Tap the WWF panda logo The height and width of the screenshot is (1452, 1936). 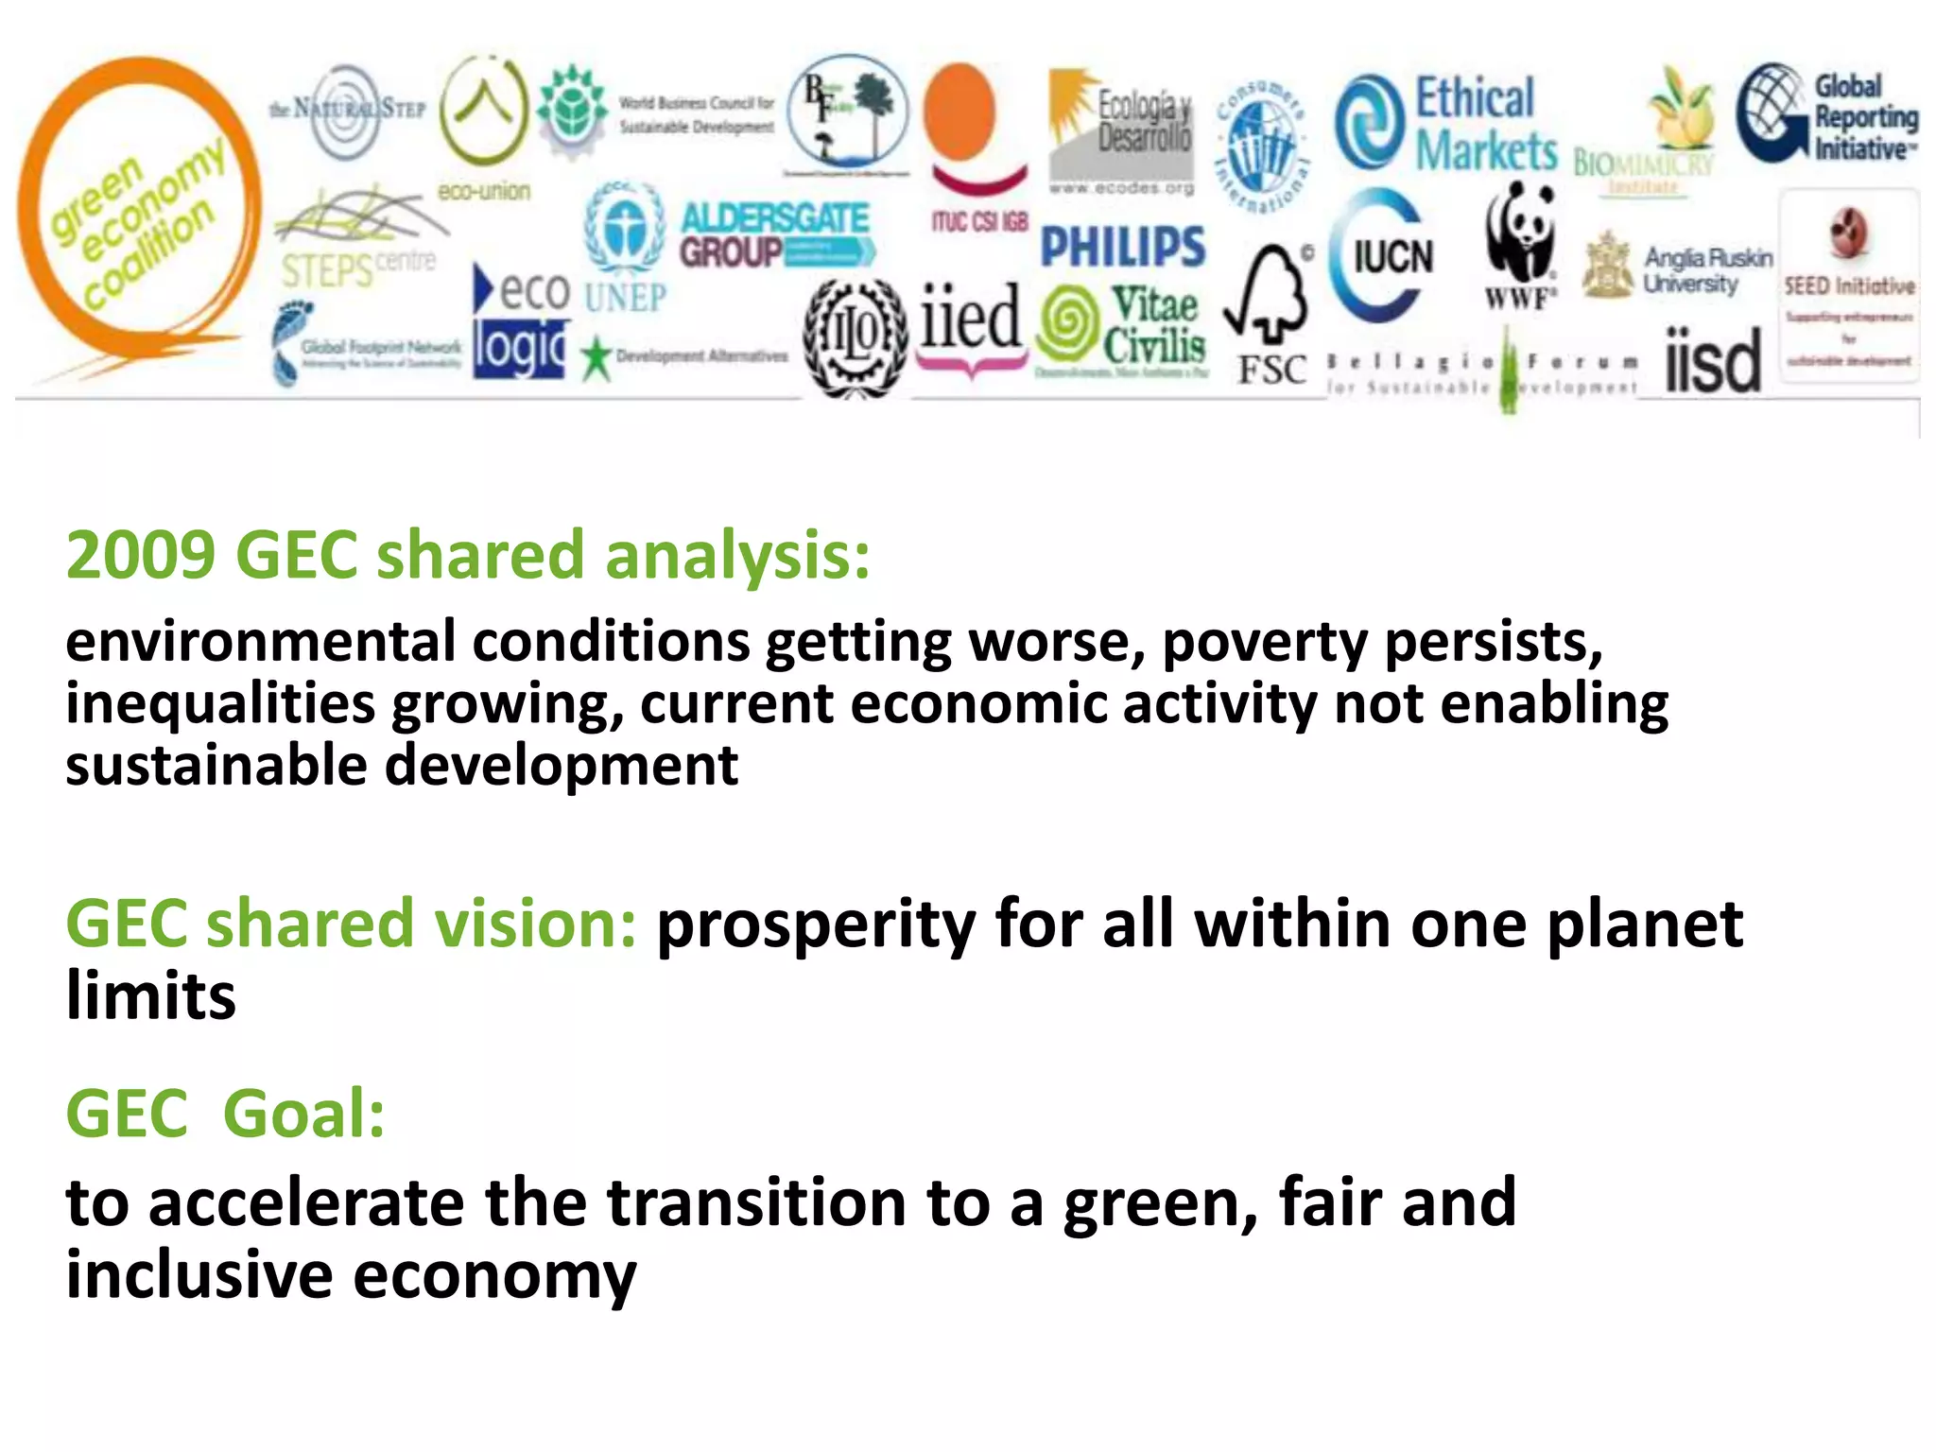tap(1519, 246)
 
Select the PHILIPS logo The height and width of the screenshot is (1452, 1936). tap(1123, 247)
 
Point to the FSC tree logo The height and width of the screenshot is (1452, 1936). tap(1270, 317)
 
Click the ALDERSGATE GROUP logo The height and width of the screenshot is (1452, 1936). tap(775, 235)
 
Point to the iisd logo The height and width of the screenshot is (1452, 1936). tap(1713, 361)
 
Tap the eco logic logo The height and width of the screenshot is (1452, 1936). tap(521, 321)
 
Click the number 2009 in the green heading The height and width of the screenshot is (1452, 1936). tap(141, 555)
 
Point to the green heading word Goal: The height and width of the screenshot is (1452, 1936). tap(303, 1114)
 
